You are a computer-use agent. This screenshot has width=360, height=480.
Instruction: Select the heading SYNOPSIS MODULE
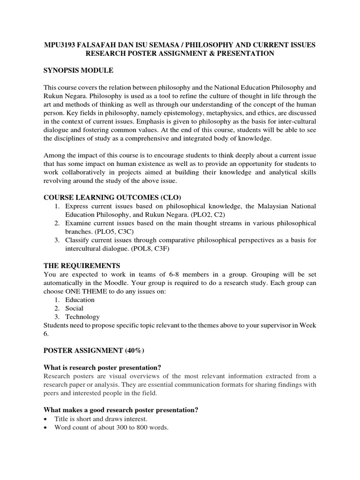[79, 70]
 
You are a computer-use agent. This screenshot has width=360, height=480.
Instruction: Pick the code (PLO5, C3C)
[115, 232]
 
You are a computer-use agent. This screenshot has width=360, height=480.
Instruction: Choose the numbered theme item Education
[80, 300]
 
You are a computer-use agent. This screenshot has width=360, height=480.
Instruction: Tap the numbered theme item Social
[75, 308]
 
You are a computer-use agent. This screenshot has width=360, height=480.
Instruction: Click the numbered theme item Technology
[82, 317]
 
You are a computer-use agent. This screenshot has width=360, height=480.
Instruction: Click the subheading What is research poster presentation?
[105, 367]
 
